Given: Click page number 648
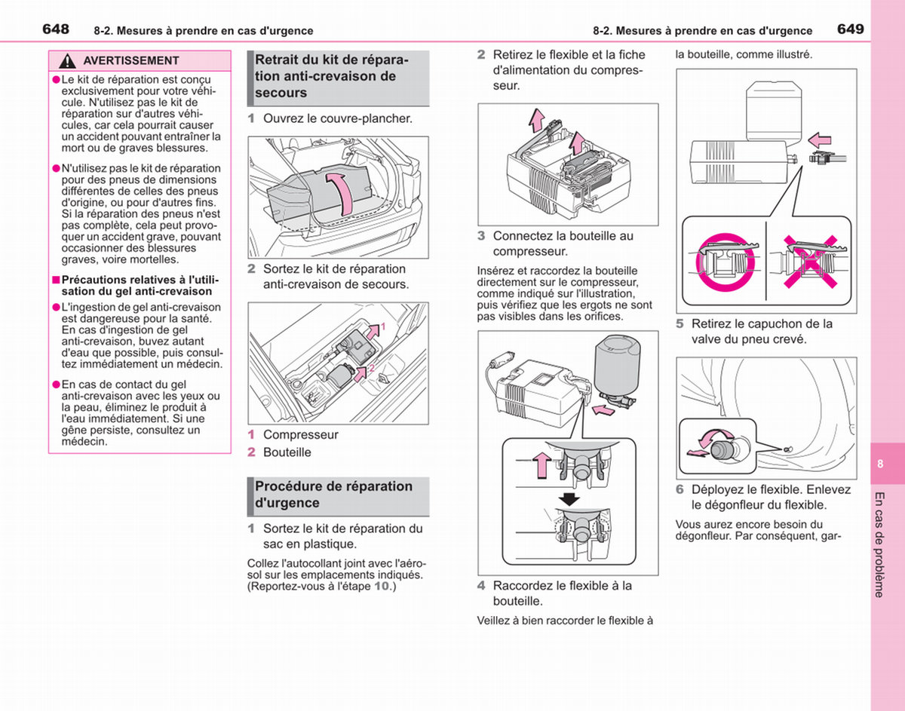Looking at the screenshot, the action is click(56, 29).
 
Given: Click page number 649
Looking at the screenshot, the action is click(851, 29).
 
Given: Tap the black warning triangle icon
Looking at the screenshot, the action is click(67, 61).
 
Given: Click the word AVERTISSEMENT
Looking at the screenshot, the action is click(130, 61).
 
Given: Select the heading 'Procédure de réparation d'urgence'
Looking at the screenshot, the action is click(333, 494).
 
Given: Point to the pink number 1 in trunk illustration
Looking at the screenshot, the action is click(384, 326).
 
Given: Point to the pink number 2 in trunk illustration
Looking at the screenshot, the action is click(372, 368).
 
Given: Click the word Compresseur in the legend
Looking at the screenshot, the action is click(301, 434).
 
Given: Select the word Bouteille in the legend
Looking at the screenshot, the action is click(287, 452).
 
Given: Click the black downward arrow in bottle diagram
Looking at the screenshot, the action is click(569, 499).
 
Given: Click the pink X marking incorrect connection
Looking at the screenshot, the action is click(811, 262).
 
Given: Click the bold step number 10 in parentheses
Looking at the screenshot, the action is click(381, 586).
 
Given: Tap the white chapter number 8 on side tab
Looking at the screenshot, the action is click(879, 464).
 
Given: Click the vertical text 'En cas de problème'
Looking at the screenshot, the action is click(879, 545).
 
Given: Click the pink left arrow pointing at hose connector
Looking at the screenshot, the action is click(820, 140).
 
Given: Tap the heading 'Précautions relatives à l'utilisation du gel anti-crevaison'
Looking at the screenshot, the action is click(140, 285).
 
